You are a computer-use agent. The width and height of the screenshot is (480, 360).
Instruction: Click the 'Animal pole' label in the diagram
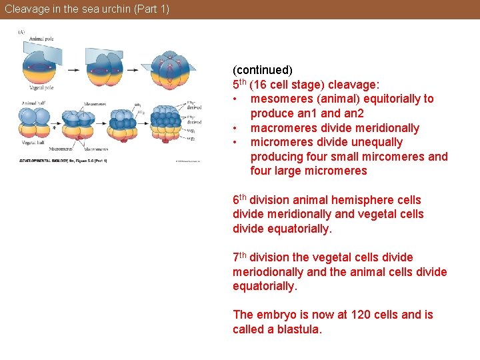click(x=41, y=39)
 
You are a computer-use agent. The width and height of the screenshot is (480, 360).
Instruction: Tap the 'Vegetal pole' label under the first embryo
click(x=41, y=87)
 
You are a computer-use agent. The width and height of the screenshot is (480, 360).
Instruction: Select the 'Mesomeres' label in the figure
click(x=95, y=104)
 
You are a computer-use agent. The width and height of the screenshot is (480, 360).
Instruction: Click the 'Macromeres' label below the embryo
click(x=96, y=149)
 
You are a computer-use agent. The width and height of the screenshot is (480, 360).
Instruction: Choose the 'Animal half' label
click(x=33, y=103)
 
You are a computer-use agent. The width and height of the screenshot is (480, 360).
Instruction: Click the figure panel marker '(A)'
click(x=21, y=31)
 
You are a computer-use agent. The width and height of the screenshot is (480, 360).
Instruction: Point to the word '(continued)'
click(x=262, y=70)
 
